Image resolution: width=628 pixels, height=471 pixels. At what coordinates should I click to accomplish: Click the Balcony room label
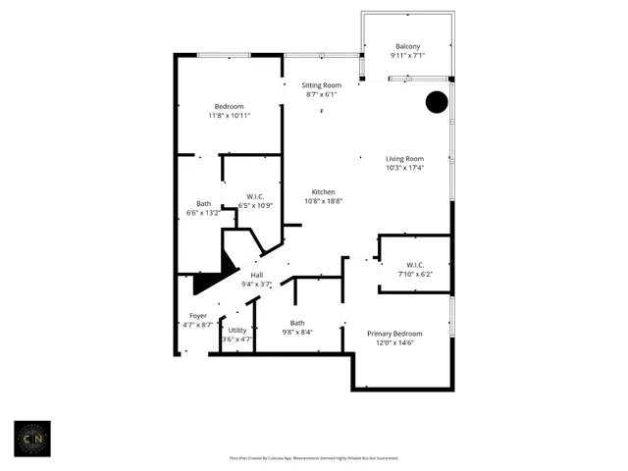pos(408,46)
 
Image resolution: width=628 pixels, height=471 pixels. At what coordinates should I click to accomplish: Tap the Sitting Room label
pos(321,85)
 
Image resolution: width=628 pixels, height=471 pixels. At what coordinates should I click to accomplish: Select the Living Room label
pos(404,158)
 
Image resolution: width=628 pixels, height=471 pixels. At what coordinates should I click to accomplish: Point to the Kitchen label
pos(324,191)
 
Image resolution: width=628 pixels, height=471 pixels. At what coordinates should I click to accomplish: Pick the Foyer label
pos(198,315)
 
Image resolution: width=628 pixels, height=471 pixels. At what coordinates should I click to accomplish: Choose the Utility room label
pos(237,330)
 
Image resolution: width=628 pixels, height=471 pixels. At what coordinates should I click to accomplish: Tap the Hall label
pos(257,275)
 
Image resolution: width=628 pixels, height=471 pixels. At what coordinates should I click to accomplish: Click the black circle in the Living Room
pos(437,102)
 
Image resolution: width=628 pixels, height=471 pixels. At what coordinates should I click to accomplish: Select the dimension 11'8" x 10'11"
pos(230,116)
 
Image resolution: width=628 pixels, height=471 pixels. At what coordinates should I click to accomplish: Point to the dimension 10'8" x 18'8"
pos(324,201)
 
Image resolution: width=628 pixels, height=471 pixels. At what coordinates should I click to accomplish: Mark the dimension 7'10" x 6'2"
pos(415,275)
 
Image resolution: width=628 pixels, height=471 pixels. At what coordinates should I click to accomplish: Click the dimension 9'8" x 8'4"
pos(297,332)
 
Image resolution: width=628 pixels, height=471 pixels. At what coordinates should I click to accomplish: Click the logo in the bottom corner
pos(32,440)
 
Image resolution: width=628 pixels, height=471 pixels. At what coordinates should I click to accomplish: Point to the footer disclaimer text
pos(313,458)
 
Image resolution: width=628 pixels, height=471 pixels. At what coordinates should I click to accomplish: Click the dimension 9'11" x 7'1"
pos(408,56)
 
